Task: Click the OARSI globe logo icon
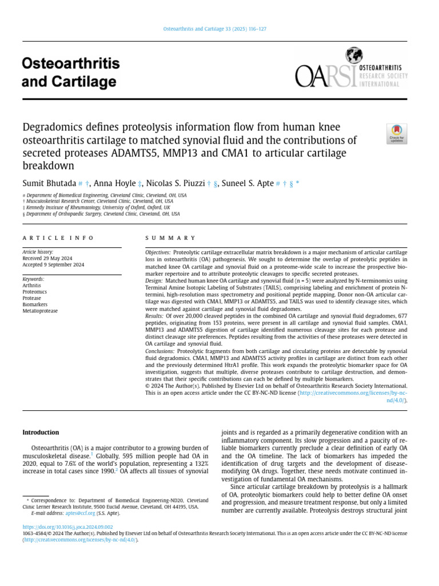point(354,56)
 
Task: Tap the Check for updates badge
point(396,134)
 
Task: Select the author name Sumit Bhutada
point(49,184)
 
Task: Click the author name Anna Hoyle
point(115,184)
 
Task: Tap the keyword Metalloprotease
point(40,311)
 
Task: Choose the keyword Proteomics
point(35,292)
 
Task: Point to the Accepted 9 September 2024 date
point(53,264)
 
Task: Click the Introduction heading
point(41,432)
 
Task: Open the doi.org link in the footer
point(67,526)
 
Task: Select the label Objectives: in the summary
point(158,252)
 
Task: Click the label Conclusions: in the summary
point(160,350)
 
